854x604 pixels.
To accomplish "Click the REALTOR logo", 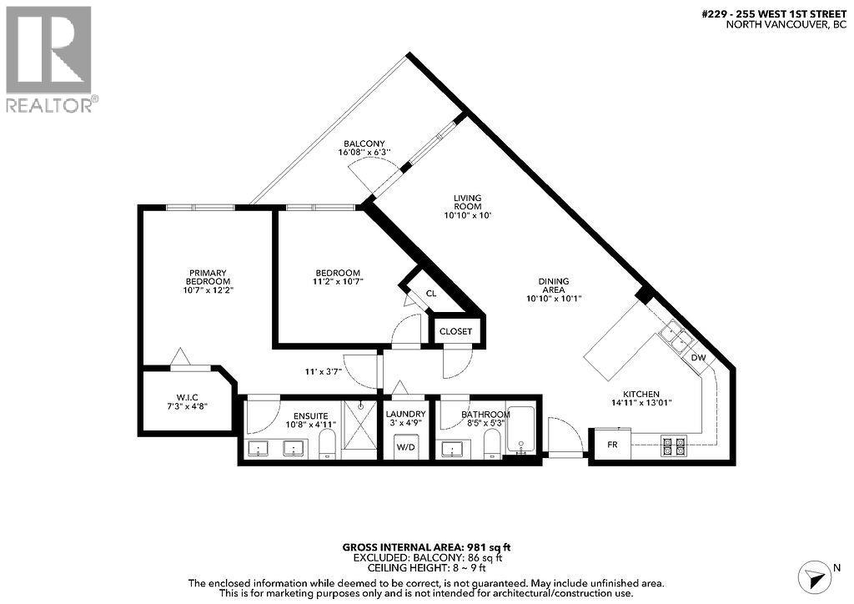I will (50, 58).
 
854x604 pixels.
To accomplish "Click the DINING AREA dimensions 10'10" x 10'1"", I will (553, 299).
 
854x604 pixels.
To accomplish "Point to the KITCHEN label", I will (641, 395).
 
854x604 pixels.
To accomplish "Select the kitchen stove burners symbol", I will (673, 446).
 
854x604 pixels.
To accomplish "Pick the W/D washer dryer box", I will (405, 446).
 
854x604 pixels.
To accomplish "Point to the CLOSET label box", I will (455, 331).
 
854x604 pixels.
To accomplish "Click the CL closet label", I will (430, 294).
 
